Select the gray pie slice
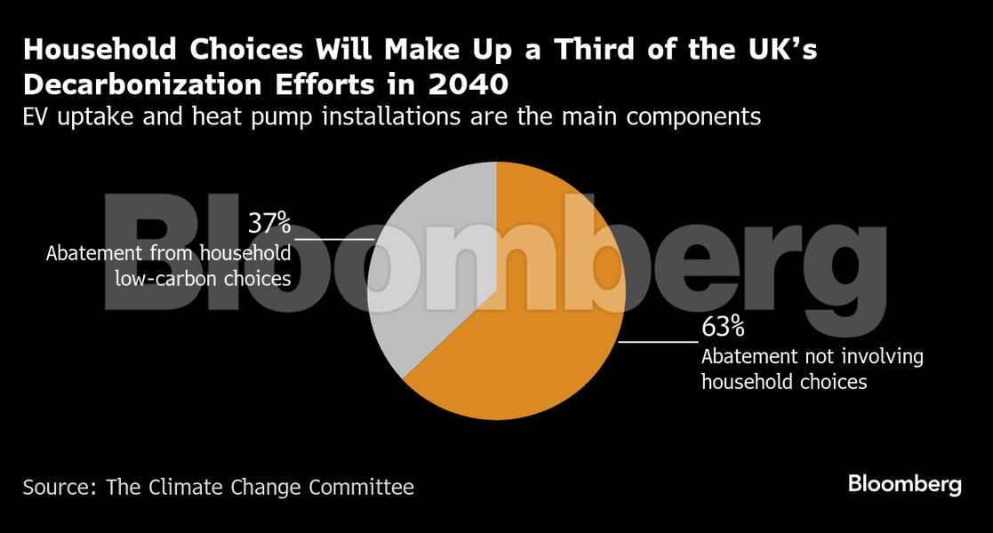tap(427, 266)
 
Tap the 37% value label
tap(269, 222)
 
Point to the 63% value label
tap(723, 327)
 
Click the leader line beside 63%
tap(658, 341)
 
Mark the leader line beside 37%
tap(334, 239)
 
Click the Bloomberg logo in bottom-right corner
tap(904, 484)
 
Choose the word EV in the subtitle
tap(36, 116)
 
